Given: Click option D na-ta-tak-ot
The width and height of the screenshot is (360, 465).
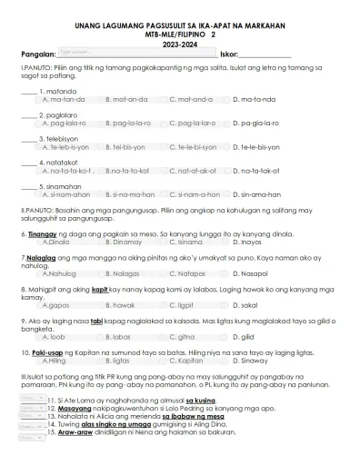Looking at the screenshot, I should [x=257, y=170].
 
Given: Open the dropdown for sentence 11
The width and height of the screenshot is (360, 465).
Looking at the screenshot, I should [x=33, y=398].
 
